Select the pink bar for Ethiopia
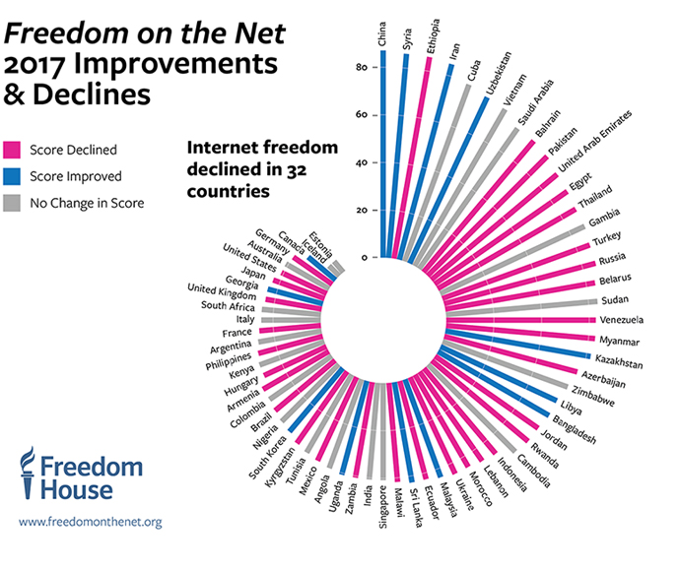(x=419, y=158)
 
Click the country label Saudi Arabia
(x=536, y=102)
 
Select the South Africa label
(x=229, y=305)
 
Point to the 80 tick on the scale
(x=362, y=68)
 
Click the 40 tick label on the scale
(x=362, y=162)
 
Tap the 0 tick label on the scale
(x=364, y=258)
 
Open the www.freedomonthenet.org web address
(x=90, y=523)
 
